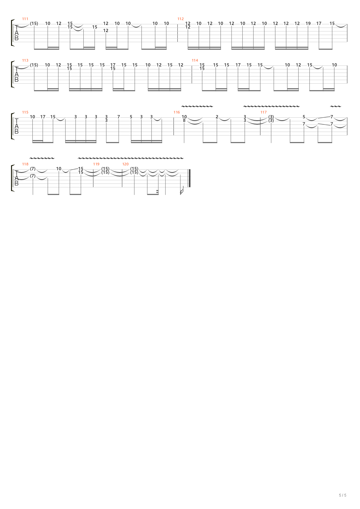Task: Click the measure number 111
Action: pyautogui.click(x=25, y=19)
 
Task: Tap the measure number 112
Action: pyautogui.click(x=180, y=19)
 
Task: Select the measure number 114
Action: pyautogui.click(x=195, y=60)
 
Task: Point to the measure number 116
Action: pyautogui.click(x=176, y=112)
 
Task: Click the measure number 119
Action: pyautogui.click(x=96, y=164)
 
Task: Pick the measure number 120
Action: pyautogui.click(x=125, y=164)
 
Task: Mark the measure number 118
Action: pyautogui.click(x=25, y=164)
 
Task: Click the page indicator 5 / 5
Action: pyautogui.click(x=342, y=495)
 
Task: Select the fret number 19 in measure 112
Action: pyautogui.click(x=308, y=23)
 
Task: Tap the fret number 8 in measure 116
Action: pyautogui.click(x=184, y=120)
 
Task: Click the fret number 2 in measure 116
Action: pyautogui.click(x=217, y=117)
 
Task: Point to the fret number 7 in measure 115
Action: pyautogui.click(x=118, y=117)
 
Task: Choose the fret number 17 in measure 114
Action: pyautogui.click(x=238, y=65)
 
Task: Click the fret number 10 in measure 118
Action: pyautogui.click(x=59, y=169)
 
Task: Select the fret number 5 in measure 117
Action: pyautogui.click(x=304, y=117)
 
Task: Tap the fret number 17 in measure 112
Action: pyautogui.click(x=318, y=23)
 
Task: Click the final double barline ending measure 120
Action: pyautogui.click(x=189, y=178)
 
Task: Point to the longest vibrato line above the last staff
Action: pyautogui.click(x=130, y=158)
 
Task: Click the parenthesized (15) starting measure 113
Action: pyautogui.click(x=34, y=65)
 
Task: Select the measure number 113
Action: pyautogui.click(x=25, y=60)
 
